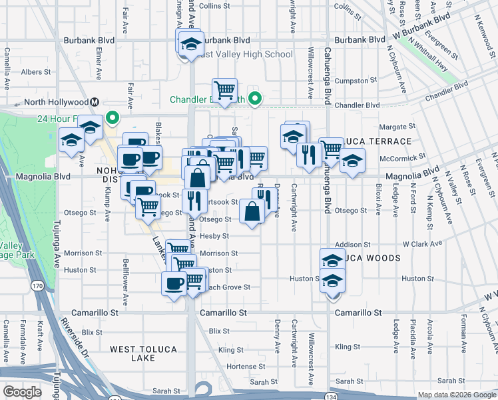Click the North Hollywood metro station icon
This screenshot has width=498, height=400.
(x=95, y=102)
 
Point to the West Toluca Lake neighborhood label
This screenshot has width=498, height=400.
(x=132, y=353)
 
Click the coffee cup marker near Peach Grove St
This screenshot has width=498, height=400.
(x=174, y=283)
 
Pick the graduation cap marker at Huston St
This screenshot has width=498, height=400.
(x=332, y=282)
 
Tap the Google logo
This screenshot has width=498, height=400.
(x=22, y=392)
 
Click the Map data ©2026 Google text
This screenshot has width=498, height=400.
(x=457, y=395)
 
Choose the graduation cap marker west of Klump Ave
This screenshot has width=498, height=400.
(x=71, y=140)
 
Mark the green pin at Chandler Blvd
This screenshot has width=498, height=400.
(x=254, y=100)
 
